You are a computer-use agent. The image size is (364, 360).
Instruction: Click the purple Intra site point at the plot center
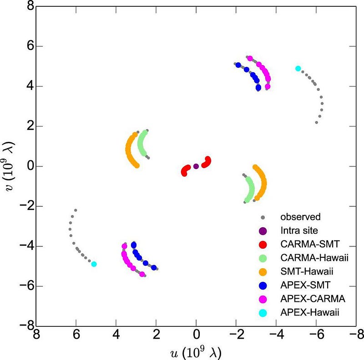pos(196,166)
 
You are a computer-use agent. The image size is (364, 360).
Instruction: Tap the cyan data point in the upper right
pos(298,69)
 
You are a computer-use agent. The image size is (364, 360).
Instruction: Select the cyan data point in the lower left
pos(94,264)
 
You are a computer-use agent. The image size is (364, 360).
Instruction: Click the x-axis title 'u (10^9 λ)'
pos(196,351)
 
